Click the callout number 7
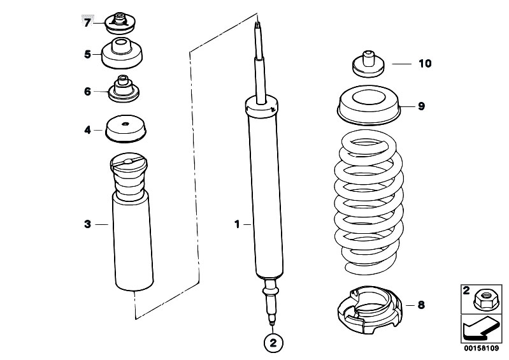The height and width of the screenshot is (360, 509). tap(87, 23)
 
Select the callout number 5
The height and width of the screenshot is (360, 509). tap(87, 54)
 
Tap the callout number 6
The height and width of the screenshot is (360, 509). tap(87, 91)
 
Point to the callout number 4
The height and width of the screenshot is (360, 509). tap(87, 130)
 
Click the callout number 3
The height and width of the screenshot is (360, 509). tap(87, 224)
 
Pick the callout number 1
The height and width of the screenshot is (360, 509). tap(236, 224)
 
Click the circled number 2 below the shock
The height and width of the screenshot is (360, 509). tap(273, 343)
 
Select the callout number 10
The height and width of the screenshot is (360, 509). tap(424, 64)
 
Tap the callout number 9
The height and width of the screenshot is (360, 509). tap(421, 106)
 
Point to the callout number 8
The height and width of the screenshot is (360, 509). tap(420, 305)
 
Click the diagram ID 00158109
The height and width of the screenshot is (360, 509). tap(481, 350)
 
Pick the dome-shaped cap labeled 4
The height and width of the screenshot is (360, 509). tap(125, 130)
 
